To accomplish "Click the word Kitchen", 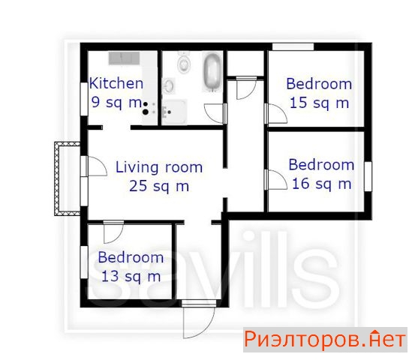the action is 116,83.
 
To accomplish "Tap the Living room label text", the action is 159,167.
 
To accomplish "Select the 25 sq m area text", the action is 159,186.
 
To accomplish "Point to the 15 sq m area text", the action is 319,103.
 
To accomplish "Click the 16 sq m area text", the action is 322,184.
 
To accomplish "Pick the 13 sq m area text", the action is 131,277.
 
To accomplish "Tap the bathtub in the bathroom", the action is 212,71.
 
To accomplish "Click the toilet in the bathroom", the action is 184,62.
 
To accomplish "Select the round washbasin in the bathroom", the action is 168,85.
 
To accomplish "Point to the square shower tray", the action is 174,112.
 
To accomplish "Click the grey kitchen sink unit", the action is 124,58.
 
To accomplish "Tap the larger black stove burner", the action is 146,112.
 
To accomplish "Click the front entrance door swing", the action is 198,320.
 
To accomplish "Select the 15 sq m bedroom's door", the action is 276,114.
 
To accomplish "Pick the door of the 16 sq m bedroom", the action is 276,180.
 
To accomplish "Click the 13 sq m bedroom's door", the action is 113,232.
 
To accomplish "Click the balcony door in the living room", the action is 96,166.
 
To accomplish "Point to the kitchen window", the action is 84,99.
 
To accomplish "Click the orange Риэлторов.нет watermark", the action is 325,339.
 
